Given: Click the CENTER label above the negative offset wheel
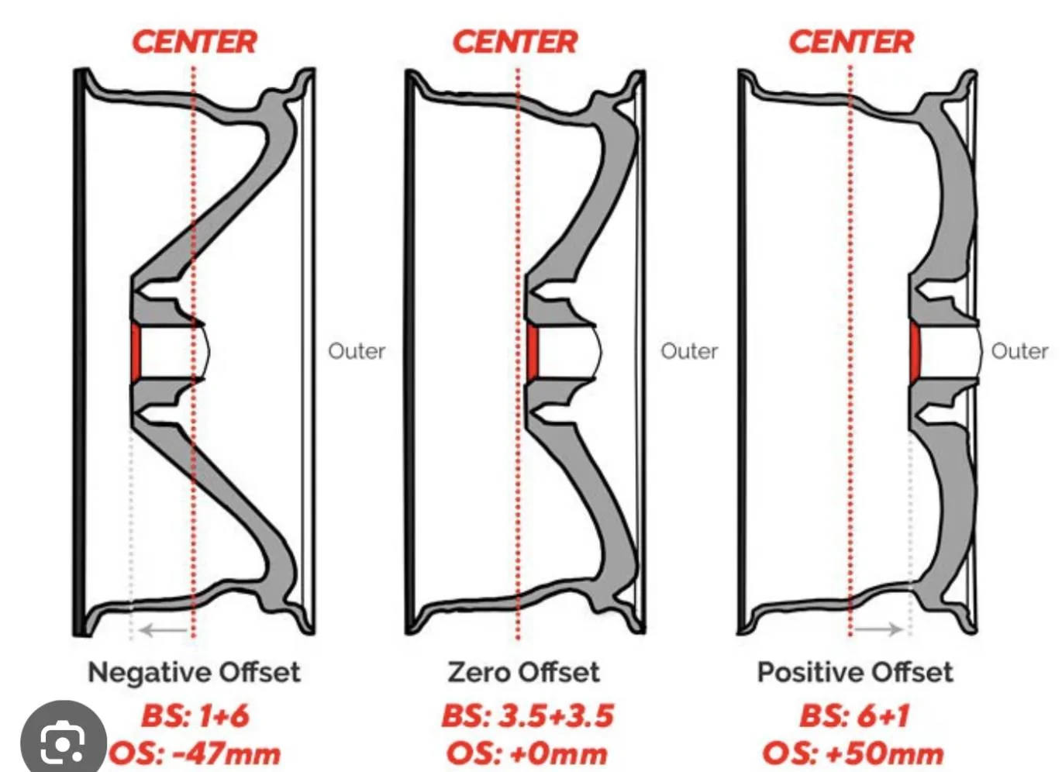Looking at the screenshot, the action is tap(195, 42).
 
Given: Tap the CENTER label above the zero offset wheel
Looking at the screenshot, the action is tap(515, 42).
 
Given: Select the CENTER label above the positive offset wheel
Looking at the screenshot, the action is tap(851, 42).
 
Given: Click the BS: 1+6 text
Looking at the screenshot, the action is tap(195, 716).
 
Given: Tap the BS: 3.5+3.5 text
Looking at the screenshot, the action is tap(528, 716).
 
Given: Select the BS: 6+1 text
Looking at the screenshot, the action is tap(855, 716).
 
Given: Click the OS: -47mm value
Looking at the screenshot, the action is tap(195, 754).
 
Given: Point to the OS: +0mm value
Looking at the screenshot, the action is tap(526, 754).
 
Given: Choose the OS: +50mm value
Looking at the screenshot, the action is tap(853, 754).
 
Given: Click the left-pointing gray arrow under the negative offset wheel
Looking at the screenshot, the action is tap(164, 630).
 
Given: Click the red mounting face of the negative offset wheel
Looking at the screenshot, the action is tap(136, 353).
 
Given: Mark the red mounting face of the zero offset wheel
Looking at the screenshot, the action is tap(533, 352).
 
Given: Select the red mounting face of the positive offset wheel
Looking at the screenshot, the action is tap(915, 353).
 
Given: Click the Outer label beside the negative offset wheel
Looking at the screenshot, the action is tap(357, 351).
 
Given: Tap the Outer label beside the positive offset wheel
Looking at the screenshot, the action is tap(1020, 351).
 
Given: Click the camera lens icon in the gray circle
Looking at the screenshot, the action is tap(63, 743).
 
